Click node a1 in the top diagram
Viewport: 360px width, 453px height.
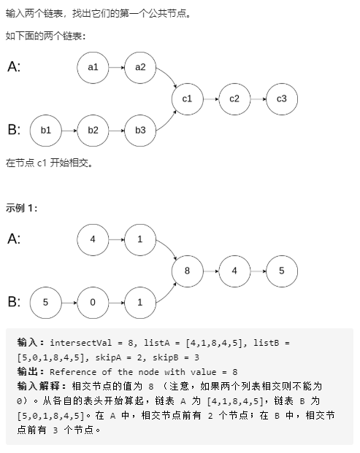(x=93, y=67)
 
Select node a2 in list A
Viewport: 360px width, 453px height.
(x=140, y=67)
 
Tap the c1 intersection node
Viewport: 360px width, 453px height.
(x=187, y=98)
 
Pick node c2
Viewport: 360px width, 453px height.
(x=234, y=98)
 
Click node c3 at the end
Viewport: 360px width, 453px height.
(x=282, y=98)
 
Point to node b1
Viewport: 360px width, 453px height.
(x=45, y=131)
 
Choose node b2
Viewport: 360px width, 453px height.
(x=93, y=131)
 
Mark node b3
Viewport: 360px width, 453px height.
(x=140, y=131)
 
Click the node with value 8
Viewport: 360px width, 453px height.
(x=187, y=271)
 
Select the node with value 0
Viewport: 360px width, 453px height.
(x=93, y=302)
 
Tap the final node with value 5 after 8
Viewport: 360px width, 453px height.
(x=282, y=271)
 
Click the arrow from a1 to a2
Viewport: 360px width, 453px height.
(x=116, y=67)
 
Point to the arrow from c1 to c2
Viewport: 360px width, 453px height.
(x=210, y=98)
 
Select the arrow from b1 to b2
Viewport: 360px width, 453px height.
(x=69, y=131)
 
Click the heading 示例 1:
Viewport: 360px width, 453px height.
(x=22, y=209)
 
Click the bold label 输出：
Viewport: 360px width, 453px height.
(x=32, y=372)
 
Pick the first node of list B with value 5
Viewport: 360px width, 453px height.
(x=45, y=302)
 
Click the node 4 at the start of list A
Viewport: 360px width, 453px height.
(x=93, y=239)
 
